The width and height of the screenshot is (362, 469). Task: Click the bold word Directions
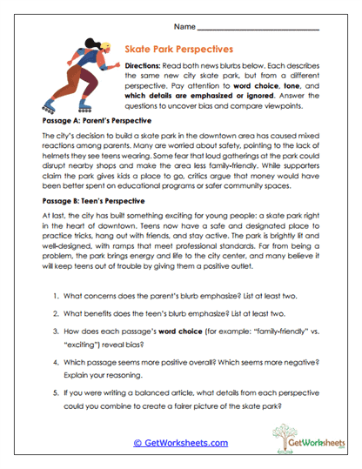coord(149,66)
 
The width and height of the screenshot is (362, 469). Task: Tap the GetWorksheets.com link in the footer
coord(180,443)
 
